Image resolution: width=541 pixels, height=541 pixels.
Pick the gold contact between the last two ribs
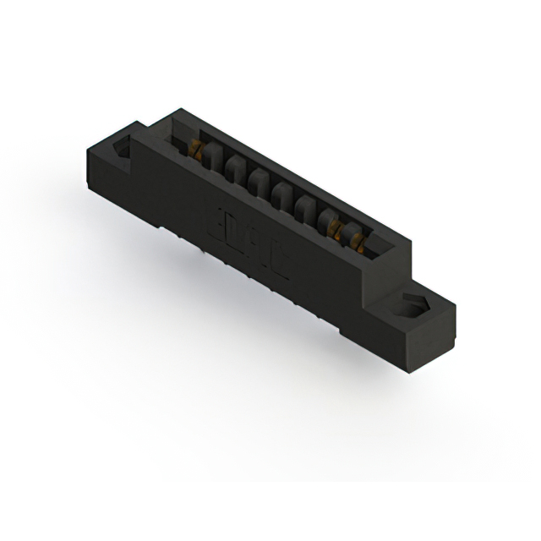pyautogui.click(x=342, y=232)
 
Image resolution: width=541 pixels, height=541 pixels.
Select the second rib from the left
pyautogui.click(x=238, y=172)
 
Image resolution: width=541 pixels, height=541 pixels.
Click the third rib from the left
pyautogui.click(x=260, y=185)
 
